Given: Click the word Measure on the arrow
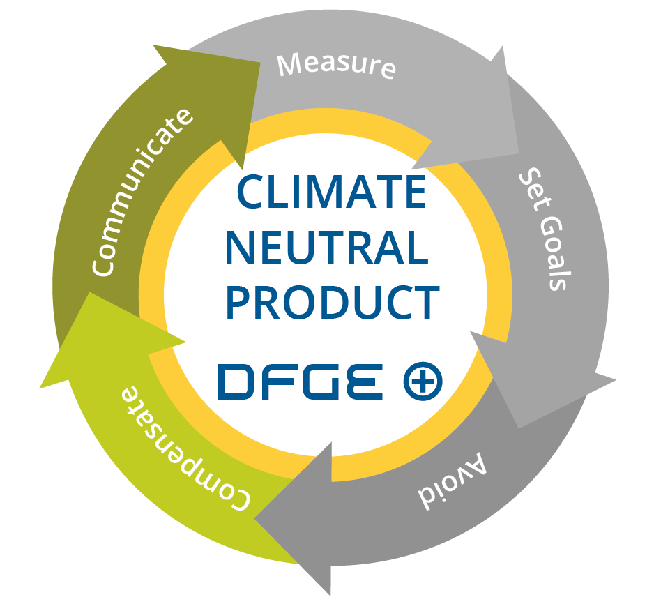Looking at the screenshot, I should tap(337, 65).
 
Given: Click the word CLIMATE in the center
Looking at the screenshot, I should tap(332, 192).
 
